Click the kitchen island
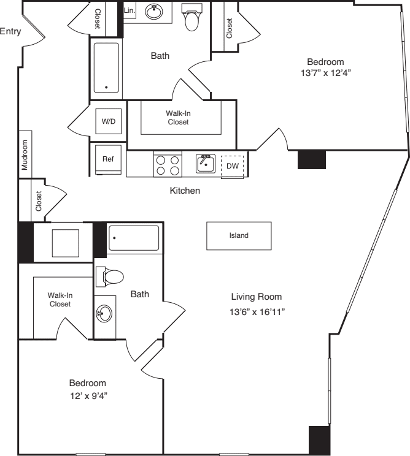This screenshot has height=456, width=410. pos(239,235)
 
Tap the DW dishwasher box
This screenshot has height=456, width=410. pos(233,165)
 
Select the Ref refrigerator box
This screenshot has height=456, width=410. pos(108,159)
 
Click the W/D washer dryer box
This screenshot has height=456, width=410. pos(108,121)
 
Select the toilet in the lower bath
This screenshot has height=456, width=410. pos(114,276)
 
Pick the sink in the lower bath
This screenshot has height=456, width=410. pos(104,313)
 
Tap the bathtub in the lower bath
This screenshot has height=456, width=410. pos(134,238)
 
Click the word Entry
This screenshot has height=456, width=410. pos(10,32)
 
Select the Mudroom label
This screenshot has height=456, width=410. pos(25,155)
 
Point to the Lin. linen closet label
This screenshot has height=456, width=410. pos(130,11)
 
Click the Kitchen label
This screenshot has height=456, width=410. pos(185,191)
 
